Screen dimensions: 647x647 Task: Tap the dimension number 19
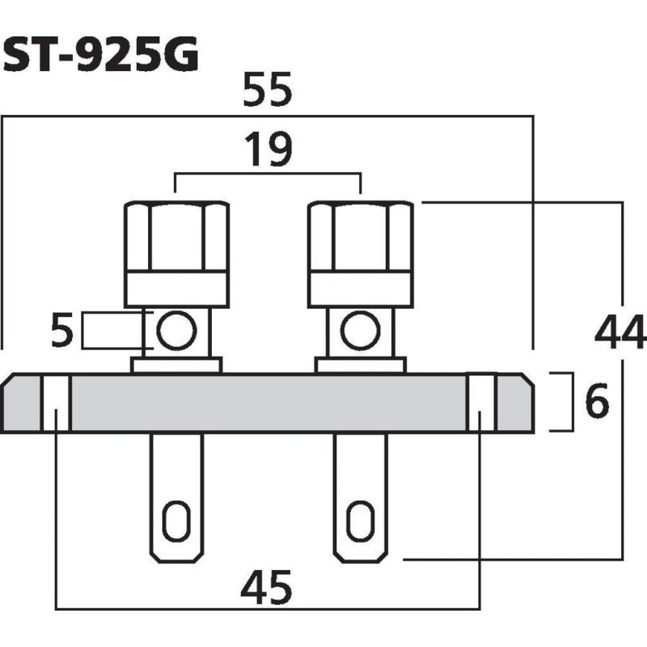pyautogui.click(x=268, y=151)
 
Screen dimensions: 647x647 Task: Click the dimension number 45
pyautogui.click(x=267, y=588)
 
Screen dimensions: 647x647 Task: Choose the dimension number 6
pyautogui.click(x=597, y=403)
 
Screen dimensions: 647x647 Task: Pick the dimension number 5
pyautogui.click(x=62, y=332)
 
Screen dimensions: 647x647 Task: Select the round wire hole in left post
pyautogui.click(x=175, y=331)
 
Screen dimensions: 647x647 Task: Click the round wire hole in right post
pyautogui.click(x=360, y=331)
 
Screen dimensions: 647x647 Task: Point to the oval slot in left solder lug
pyautogui.click(x=175, y=521)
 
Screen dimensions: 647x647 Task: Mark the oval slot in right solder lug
pyautogui.click(x=359, y=521)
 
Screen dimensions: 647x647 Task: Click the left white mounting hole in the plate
pyautogui.click(x=56, y=403)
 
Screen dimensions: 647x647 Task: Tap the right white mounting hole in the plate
pyautogui.click(x=480, y=403)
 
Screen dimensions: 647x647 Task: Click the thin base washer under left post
pyautogui.click(x=176, y=366)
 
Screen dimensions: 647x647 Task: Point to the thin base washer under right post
pyautogui.click(x=361, y=366)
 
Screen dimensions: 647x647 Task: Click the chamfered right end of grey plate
pyautogui.click(x=515, y=403)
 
